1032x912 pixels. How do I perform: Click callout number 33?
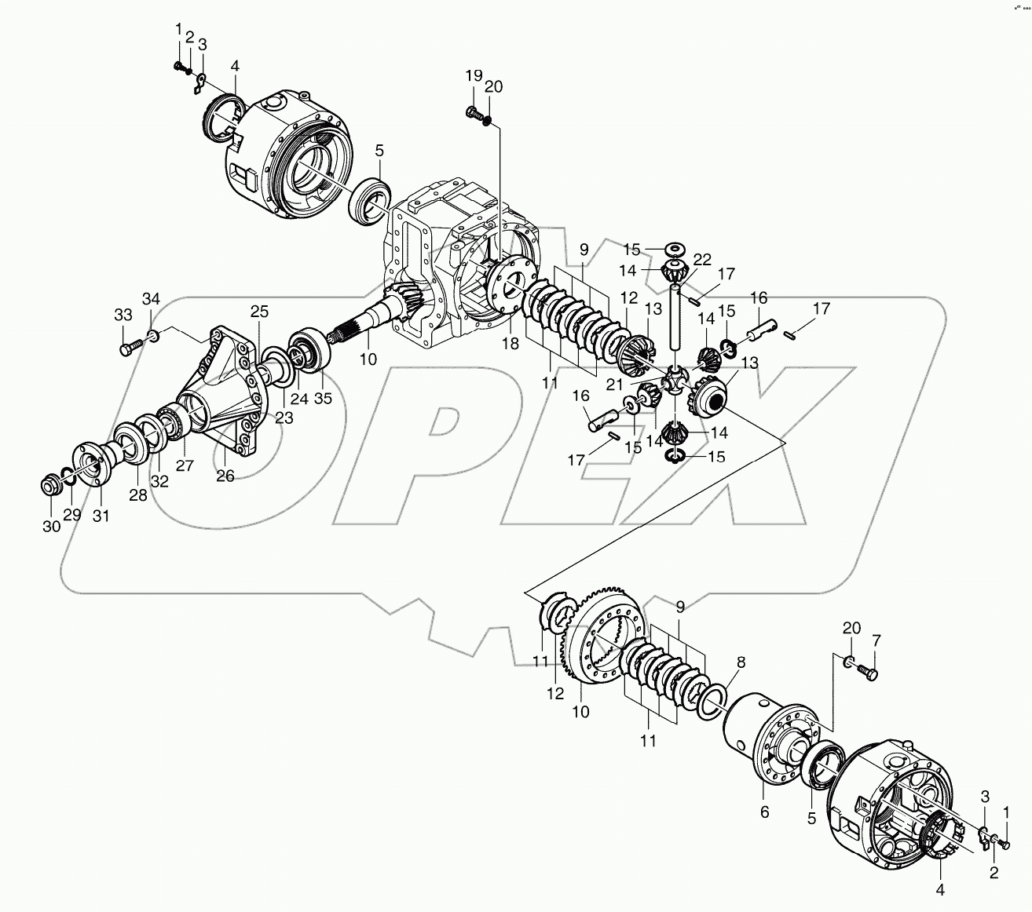pos(123,315)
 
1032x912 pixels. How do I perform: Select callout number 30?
pos(51,527)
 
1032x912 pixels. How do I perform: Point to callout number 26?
pos(225,476)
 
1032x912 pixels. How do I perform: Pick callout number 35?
pos(323,397)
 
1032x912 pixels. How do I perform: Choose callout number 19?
pos(474,75)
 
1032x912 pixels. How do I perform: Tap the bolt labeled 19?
pos(473,115)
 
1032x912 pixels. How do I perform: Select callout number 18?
pos(511,343)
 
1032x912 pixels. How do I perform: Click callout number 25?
pos(260,312)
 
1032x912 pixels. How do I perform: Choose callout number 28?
pos(138,495)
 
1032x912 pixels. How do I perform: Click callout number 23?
pos(284,418)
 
